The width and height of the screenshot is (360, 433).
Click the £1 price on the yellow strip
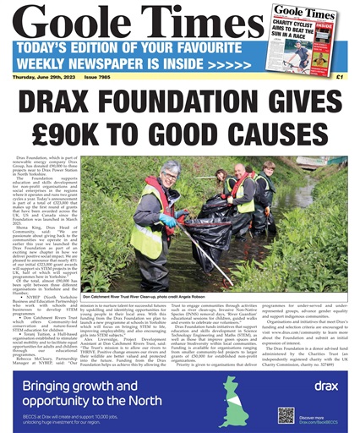[x=339, y=101]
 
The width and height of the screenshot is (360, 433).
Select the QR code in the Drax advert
[x=287, y=416]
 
